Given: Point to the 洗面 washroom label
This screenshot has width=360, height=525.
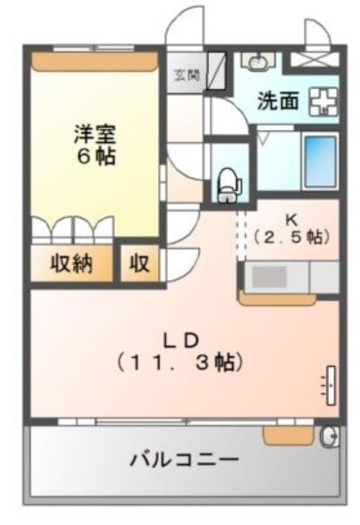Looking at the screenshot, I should tap(279, 103).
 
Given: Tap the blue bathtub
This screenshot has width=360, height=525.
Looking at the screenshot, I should tap(319, 161).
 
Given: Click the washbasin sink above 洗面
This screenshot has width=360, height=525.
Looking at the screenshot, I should tap(257, 61).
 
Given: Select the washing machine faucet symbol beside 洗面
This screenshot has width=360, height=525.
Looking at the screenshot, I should tap(322, 103).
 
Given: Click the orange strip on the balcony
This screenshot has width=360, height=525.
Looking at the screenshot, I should tap(288, 434).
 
